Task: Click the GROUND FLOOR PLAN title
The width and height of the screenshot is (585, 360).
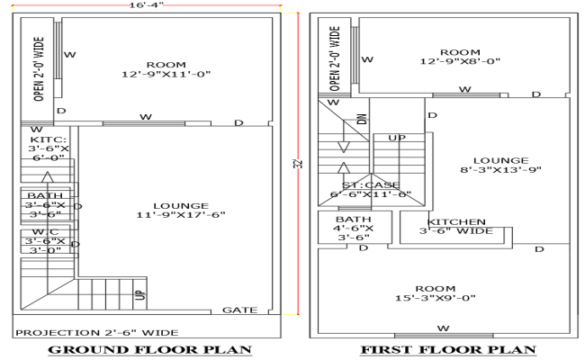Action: point(148,349)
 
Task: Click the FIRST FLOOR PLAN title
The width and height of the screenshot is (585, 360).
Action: point(447,349)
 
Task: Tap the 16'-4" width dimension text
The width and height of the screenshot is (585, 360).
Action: point(148,5)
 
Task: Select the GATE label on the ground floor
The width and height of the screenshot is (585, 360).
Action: point(239,310)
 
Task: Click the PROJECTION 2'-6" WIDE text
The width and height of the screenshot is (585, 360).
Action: point(95,332)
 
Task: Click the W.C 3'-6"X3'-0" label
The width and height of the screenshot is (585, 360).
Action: point(46,241)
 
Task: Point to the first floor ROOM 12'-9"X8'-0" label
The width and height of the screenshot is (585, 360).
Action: point(460,57)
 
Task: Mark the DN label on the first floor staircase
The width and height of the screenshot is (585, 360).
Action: point(361,119)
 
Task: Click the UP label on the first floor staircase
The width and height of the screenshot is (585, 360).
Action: point(396,138)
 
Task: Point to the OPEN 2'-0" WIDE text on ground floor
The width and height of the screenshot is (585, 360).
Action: point(39,68)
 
